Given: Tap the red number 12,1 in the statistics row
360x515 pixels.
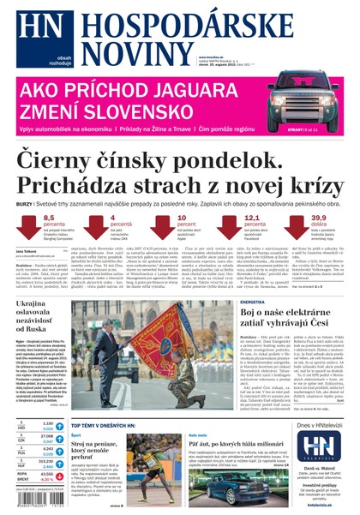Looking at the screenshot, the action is click(252, 219).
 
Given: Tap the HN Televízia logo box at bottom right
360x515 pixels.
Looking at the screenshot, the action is click(315, 446).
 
